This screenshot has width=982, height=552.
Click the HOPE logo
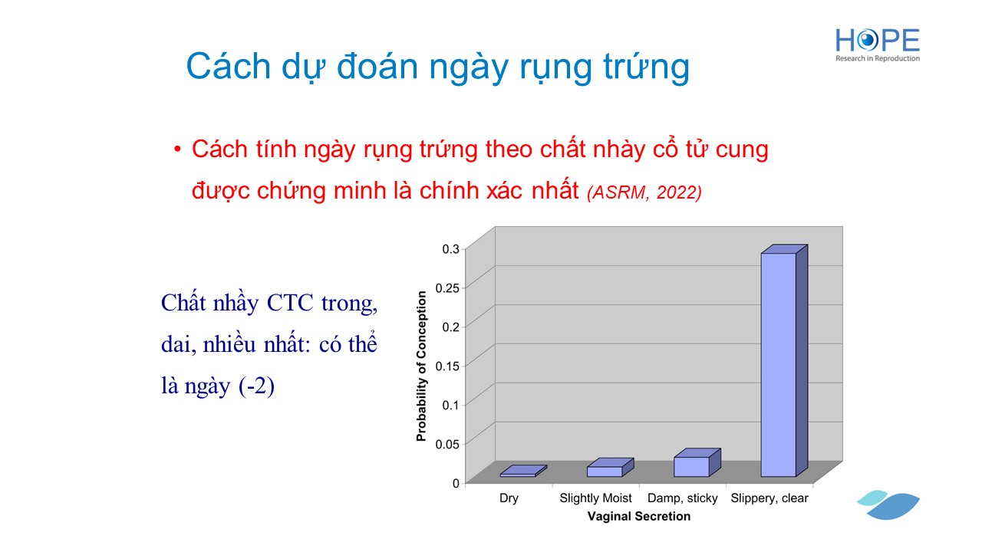[x=877, y=45]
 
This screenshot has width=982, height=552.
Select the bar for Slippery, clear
[x=784, y=360]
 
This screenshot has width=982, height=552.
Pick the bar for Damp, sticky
[x=697, y=462]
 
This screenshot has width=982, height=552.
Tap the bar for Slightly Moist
[x=610, y=468]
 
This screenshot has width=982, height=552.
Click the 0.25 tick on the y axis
[x=447, y=288]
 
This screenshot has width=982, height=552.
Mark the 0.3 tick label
[x=450, y=249]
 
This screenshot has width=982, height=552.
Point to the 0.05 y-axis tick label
[x=447, y=445]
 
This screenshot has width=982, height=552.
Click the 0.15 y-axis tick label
[x=447, y=366]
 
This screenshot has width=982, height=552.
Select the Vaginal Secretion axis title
[x=639, y=517]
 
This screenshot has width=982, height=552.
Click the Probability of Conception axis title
[x=421, y=366]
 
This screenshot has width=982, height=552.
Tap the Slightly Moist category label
[x=595, y=498]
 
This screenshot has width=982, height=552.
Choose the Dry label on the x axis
[x=509, y=498]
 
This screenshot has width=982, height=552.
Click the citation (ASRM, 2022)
[x=644, y=192]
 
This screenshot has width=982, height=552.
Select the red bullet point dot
[x=177, y=149]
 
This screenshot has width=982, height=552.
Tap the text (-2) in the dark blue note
[x=256, y=386]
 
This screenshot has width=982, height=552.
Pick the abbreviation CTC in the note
[x=290, y=303]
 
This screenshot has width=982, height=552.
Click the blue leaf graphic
[x=888, y=505]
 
